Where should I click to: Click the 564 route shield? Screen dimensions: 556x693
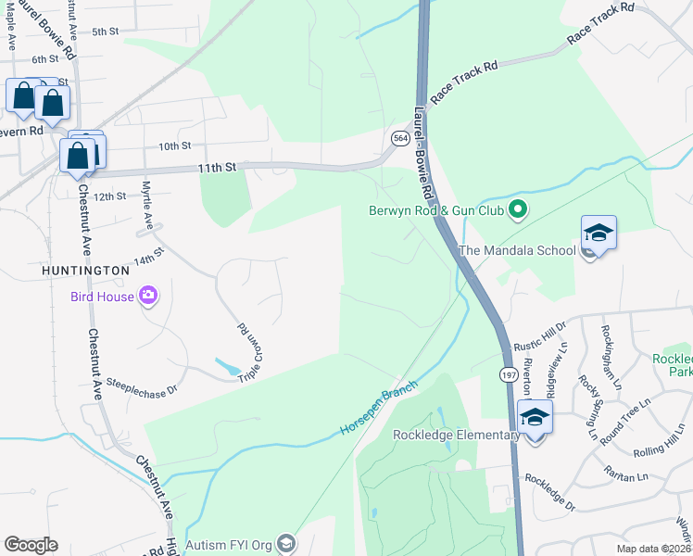click(x=400, y=138)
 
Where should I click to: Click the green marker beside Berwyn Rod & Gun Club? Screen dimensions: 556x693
click(x=519, y=210)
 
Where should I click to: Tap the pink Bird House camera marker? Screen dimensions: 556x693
click(x=148, y=297)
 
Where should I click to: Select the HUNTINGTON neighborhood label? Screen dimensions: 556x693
click(x=84, y=270)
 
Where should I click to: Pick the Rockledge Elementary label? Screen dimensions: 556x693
click(x=455, y=435)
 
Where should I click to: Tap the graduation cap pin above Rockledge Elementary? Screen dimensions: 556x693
click(x=535, y=417)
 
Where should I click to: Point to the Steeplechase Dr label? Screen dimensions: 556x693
click(x=142, y=381)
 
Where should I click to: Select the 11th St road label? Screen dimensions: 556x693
click(x=218, y=167)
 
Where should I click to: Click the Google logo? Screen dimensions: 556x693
click(x=31, y=545)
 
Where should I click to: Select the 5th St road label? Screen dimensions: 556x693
click(x=106, y=32)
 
